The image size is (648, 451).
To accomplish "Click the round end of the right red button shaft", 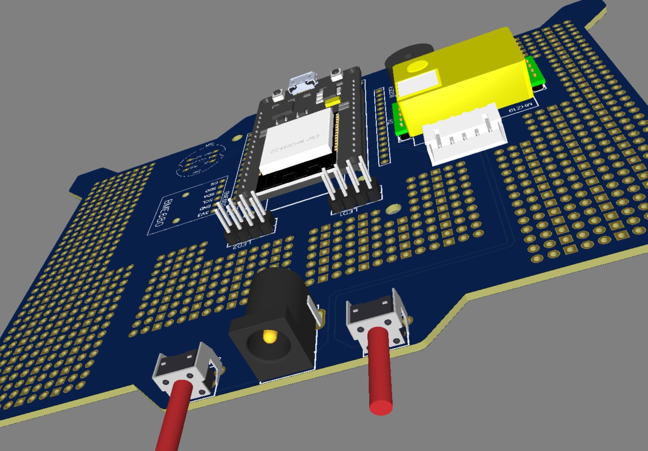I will point(381,407).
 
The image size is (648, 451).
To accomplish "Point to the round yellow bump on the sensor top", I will point(417,67).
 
